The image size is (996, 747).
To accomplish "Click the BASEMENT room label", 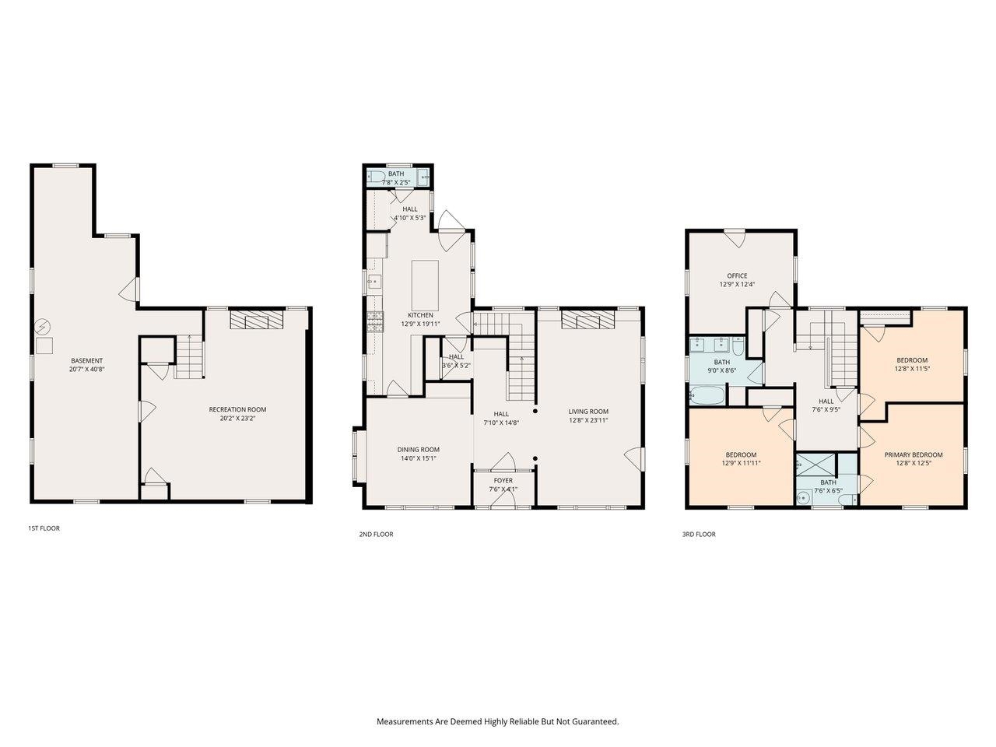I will coord(86,360).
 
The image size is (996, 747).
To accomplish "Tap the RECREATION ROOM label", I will coord(237,409).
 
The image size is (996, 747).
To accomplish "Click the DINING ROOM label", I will coord(419,449).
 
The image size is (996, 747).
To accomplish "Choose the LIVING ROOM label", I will coord(587,412).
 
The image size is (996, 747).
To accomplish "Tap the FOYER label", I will coord(503,480).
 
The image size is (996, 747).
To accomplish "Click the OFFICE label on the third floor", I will coord(737,275).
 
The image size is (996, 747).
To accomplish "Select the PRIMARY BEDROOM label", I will coord(913,454).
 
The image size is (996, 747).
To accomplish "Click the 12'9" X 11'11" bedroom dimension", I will coord(741,463).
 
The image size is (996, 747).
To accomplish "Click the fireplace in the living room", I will coord(588,321).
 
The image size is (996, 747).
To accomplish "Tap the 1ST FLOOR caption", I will coord(44,528).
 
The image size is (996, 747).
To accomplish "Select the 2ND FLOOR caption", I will coord(377,535).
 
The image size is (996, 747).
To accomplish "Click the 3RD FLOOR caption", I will coord(700,535).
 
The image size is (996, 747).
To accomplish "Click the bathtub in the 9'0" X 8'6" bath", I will coord(707,396).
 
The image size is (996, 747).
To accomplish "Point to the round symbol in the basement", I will coord(44,325).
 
